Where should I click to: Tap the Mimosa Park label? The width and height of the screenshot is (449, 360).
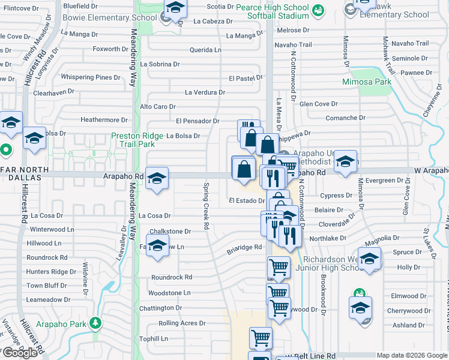point(366,82)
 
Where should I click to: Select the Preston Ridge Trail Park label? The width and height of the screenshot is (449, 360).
point(133,140)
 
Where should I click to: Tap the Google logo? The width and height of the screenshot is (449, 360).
point(20,353)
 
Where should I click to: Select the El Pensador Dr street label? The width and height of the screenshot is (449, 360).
point(197,121)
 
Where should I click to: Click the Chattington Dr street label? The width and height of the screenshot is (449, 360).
point(160,308)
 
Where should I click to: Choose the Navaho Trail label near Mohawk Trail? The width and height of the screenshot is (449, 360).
point(410,44)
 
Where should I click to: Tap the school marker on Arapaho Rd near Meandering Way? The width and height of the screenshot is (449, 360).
point(157,178)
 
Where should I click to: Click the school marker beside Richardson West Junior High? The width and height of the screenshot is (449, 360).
point(370,259)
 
